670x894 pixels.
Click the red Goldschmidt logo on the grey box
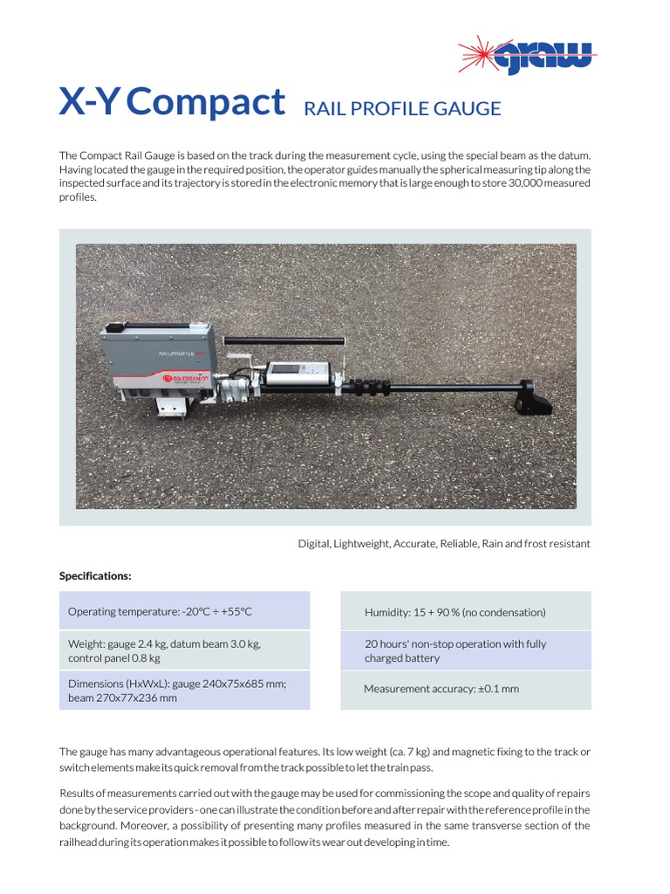172,378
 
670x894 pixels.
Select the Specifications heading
95,576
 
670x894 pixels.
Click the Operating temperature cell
184,611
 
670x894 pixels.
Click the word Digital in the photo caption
313,544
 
